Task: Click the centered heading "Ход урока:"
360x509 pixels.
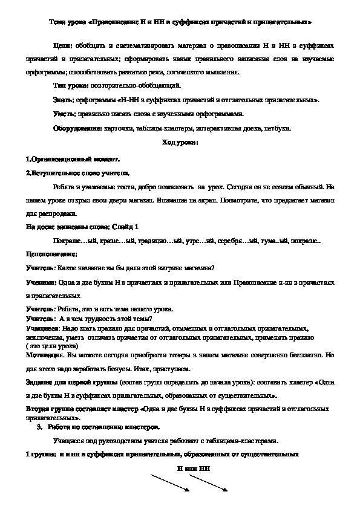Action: point(180,143)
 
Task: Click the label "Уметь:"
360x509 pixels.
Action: point(64,114)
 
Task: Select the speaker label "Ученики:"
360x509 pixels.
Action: point(41,281)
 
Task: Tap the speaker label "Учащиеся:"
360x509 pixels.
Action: point(43,326)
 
